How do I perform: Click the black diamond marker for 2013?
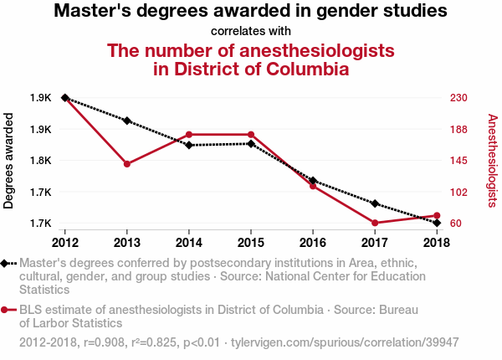click(127, 121)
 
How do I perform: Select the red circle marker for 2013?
click(127, 164)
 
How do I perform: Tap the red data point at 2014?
click(189, 135)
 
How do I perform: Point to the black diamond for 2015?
click(251, 144)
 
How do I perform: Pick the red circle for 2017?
click(375, 223)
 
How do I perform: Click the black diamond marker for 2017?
click(375, 203)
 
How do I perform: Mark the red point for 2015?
click(251, 135)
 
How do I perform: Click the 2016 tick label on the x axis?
click(313, 243)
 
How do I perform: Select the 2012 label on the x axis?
click(65, 243)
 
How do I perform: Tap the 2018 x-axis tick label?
click(437, 243)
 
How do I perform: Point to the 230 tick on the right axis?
click(458, 98)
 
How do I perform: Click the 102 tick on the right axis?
click(458, 192)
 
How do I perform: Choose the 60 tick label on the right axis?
click(456, 224)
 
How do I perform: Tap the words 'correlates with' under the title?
click(250, 31)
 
